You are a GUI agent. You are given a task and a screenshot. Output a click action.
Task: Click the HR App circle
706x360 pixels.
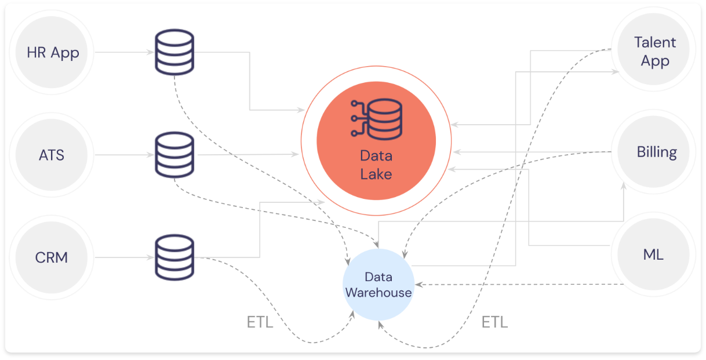point(52,52)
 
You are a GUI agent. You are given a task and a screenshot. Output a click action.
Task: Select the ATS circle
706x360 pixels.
point(52,155)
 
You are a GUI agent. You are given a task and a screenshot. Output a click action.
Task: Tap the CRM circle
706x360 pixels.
point(52,257)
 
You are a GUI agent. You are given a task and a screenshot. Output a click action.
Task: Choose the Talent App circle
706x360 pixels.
point(653,49)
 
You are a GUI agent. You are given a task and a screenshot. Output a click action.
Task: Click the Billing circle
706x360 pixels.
point(653,152)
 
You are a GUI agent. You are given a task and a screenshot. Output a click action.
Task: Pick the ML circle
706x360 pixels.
point(653,254)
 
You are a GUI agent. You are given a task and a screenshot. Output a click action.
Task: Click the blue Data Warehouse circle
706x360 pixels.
point(379,285)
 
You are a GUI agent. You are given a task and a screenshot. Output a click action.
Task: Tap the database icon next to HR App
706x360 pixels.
point(174,52)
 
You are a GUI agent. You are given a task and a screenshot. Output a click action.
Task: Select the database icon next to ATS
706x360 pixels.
point(174,155)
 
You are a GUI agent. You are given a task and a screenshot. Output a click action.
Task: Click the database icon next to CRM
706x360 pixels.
point(174,257)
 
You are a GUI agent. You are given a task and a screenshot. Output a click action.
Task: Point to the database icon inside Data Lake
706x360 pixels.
point(377,119)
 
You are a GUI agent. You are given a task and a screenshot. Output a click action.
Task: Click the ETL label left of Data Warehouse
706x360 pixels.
point(260,322)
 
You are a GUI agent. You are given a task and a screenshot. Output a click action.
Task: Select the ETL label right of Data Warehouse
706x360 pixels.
point(494,322)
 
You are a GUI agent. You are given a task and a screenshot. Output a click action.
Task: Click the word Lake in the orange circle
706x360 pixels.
point(376,174)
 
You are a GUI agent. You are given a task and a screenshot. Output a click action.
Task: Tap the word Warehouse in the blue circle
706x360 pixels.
point(379,293)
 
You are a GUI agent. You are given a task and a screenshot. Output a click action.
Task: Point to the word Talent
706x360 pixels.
point(655,42)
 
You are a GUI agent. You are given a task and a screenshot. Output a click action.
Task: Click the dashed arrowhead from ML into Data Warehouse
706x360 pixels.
point(419,285)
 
